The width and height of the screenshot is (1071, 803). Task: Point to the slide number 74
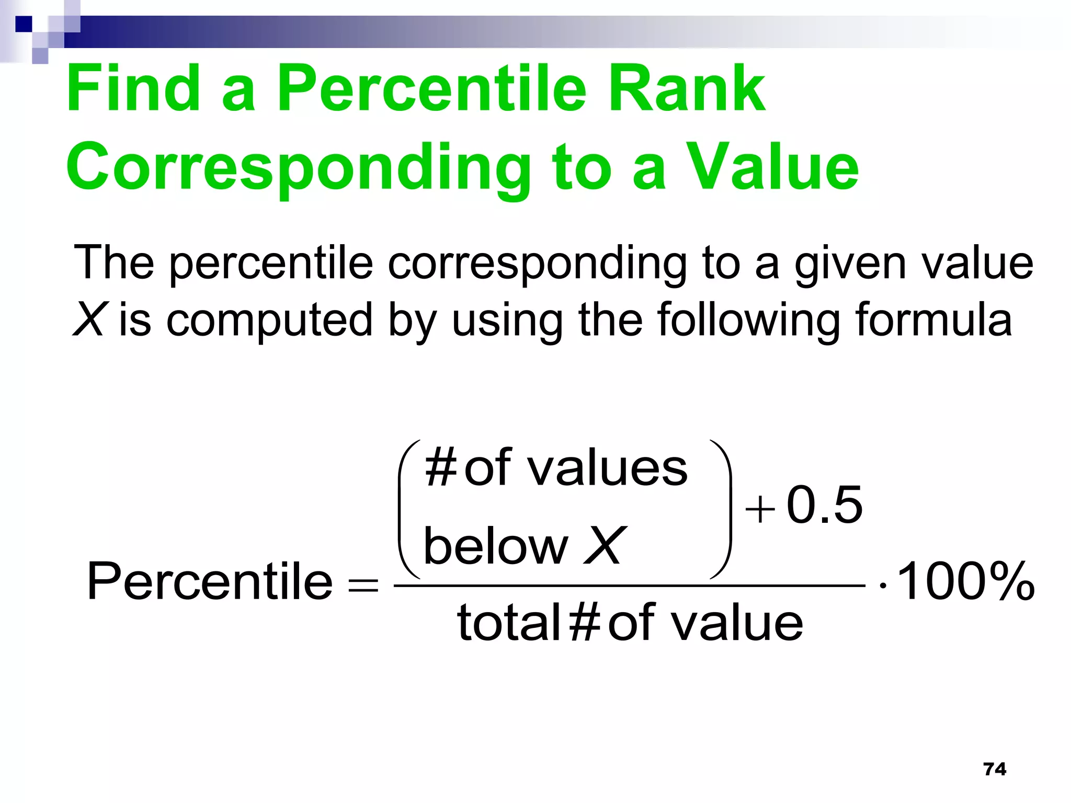click(x=994, y=769)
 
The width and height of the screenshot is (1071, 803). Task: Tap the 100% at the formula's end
click(x=965, y=581)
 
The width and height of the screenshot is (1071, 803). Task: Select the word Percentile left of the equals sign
click(x=210, y=581)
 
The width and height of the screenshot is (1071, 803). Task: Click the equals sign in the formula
click(x=363, y=584)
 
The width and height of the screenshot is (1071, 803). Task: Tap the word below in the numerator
click(x=495, y=546)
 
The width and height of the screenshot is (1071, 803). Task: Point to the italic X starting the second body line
click(x=89, y=319)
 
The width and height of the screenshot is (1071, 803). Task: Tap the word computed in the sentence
click(x=269, y=320)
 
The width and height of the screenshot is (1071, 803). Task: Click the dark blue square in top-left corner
click(x=24, y=24)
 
